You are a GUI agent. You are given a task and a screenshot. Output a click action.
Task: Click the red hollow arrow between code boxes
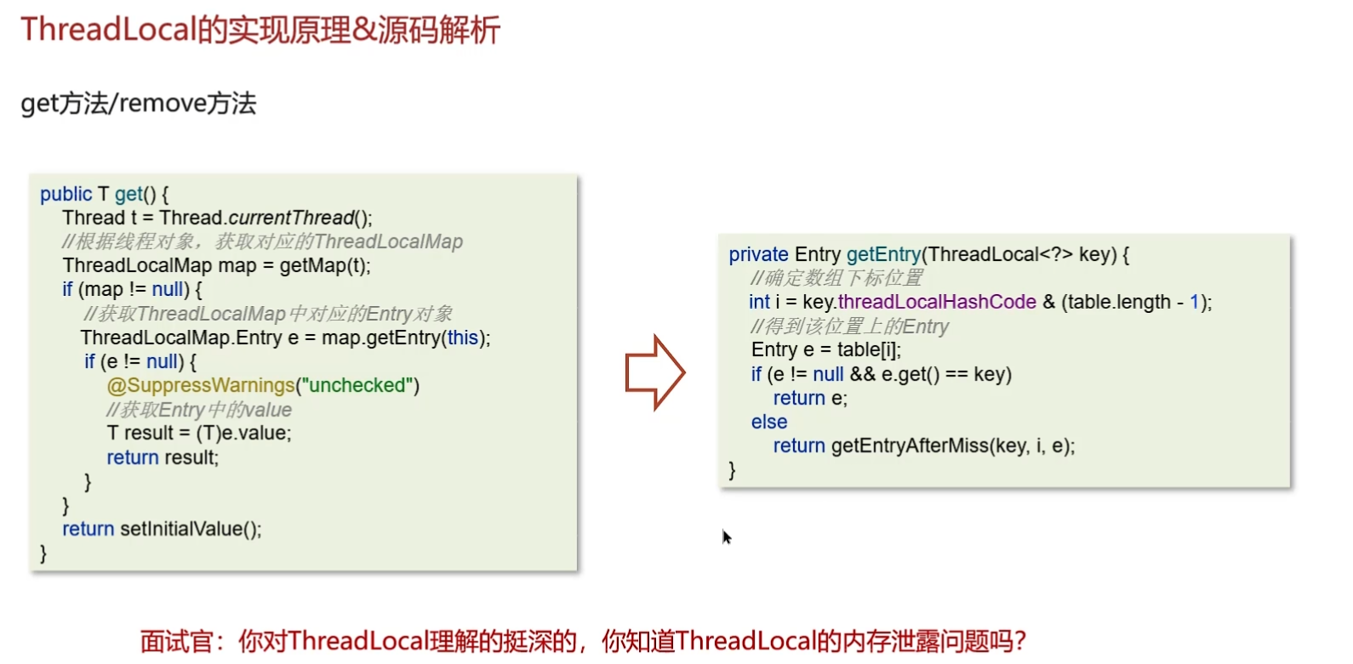[654, 372]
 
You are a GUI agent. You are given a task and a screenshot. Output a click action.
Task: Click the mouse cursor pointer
[726, 536]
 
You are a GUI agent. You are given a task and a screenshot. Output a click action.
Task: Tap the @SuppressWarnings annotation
[201, 386]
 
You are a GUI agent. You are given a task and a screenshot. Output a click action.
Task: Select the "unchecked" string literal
[357, 386]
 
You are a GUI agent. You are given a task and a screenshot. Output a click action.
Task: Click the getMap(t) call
[323, 265]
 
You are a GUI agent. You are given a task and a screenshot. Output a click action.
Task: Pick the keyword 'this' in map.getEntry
[463, 338]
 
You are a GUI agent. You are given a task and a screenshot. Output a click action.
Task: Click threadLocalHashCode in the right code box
[937, 302]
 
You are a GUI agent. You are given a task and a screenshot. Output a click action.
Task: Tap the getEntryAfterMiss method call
[910, 446]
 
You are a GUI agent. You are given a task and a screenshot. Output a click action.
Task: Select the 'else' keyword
[769, 422]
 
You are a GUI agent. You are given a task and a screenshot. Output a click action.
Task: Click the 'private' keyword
[758, 254]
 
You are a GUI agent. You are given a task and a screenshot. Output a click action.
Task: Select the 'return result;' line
[163, 457]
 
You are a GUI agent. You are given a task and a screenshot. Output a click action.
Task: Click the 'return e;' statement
[810, 398]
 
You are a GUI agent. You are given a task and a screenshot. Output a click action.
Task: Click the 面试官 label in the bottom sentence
[176, 640]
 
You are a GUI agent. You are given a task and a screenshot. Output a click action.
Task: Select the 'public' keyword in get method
[66, 194]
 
